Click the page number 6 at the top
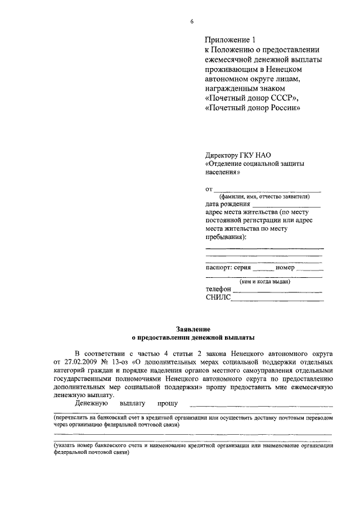click(192, 21)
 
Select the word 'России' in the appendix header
click(280, 109)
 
